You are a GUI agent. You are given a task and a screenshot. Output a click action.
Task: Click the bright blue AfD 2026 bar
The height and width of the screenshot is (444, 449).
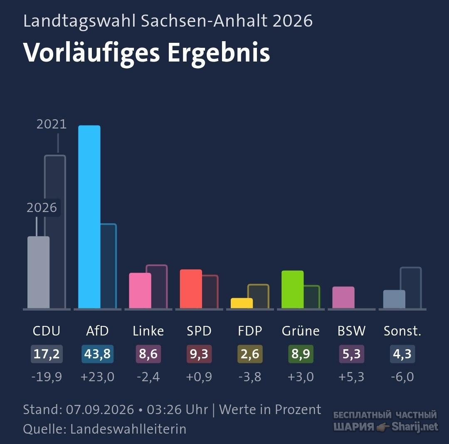pos(89,217)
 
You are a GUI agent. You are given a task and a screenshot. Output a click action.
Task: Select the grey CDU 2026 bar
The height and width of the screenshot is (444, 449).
pos(38,272)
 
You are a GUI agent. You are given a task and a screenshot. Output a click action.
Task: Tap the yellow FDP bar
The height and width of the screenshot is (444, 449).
pos(242,303)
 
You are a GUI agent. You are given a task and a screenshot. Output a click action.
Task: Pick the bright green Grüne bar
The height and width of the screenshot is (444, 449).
pos(292,289)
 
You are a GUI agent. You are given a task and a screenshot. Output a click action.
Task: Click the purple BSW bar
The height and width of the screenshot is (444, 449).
pos(343,297)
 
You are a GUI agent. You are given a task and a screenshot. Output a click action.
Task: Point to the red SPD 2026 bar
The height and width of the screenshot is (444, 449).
pos(191,289)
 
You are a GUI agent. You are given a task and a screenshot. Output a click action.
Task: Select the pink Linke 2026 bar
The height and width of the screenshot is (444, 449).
pos(140,291)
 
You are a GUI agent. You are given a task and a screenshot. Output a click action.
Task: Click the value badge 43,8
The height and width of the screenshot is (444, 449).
pos(97,354)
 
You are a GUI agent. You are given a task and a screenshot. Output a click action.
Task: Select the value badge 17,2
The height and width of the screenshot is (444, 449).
pos(47,354)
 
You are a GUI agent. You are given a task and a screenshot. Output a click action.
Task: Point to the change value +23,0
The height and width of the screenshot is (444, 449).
pos(97,377)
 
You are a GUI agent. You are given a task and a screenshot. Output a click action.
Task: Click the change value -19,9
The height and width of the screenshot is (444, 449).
pos(47,377)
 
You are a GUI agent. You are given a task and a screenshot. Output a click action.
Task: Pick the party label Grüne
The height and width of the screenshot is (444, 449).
pos(301,331)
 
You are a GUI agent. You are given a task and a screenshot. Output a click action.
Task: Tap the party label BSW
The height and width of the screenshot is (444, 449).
pos(351,331)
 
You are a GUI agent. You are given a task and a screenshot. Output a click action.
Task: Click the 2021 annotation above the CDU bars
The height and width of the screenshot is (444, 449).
pos(52,124)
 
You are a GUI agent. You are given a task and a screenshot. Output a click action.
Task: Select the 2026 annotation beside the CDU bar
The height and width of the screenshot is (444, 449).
pos(42,207)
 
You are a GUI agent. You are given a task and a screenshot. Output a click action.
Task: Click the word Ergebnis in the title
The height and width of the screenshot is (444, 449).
pos(219,53)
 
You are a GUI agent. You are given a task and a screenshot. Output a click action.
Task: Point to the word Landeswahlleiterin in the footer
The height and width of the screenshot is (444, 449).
pos(128,429)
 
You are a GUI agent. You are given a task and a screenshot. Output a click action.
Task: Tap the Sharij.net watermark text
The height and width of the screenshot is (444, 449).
pos(415,427)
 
